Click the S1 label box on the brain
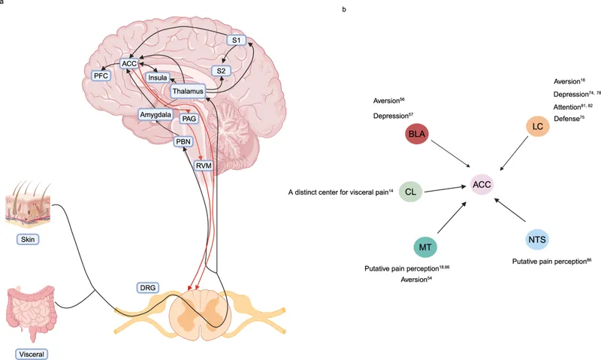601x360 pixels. (x=237, y=41)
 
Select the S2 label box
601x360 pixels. (x=221, y=71)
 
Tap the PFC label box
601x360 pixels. (x=101, y=76)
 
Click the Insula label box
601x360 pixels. (x=157, y=77)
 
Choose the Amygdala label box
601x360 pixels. (x=156, y=114)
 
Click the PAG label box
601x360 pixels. (x=189, y=119)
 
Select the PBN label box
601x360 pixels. (x=184, y=141)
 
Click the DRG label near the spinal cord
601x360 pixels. (x=147, y=288)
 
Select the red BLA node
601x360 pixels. (x=416, y=135)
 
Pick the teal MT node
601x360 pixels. (x=426, y=246)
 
